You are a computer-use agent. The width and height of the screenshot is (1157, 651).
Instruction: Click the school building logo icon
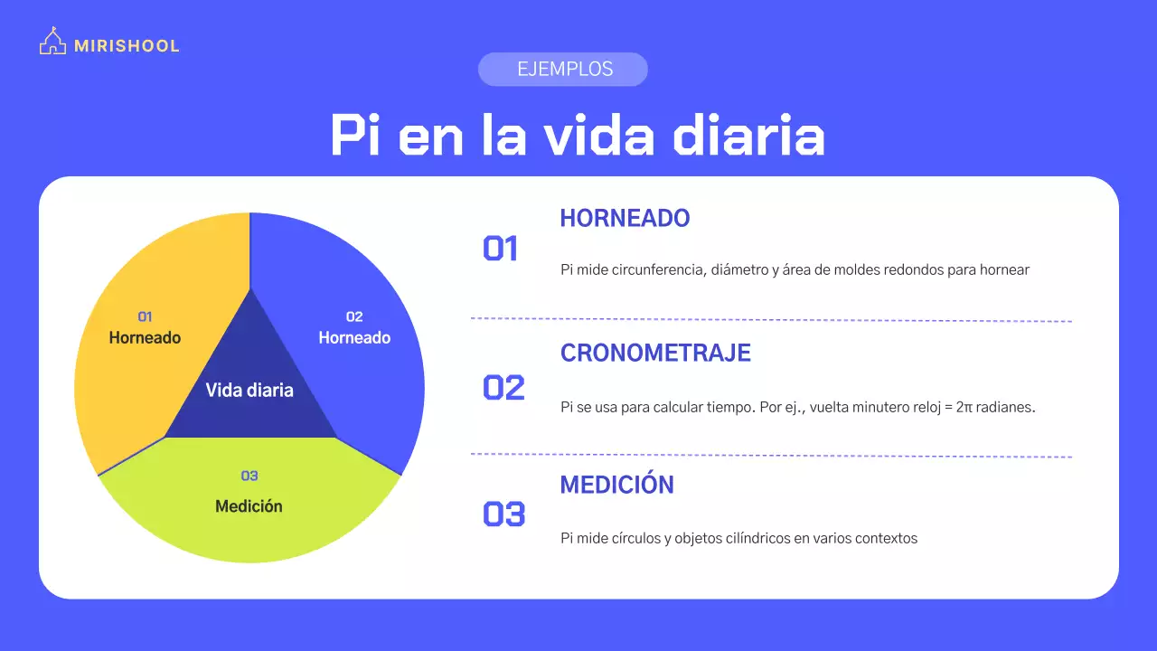click(52, 41)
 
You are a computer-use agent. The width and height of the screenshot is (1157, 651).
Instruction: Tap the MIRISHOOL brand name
click(127, 46)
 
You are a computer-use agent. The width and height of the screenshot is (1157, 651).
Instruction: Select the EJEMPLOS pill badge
click(563, 70)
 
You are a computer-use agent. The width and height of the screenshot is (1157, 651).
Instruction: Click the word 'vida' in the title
click(599, 136)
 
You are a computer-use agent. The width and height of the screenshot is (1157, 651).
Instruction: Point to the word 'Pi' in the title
click(355, 136)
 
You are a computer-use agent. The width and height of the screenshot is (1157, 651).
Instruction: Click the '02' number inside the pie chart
click(354, 316)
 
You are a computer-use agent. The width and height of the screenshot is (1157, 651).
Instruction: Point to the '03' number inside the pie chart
click(249, 476)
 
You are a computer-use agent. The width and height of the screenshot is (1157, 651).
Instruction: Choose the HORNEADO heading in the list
click(625, 218)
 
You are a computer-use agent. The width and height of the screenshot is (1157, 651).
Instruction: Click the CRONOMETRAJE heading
click(655, 353)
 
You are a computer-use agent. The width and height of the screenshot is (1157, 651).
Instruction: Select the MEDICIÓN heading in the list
click(617, 484)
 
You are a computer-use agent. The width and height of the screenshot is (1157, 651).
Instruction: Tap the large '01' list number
click(500, 249)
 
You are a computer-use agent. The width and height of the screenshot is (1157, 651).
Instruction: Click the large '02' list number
click(503, 388)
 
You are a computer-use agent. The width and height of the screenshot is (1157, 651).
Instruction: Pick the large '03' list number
click(503, 514)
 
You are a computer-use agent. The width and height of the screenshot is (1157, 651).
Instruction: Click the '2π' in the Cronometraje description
click(964, 407)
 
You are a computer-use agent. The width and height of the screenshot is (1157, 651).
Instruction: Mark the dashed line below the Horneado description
click(771, 320)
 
